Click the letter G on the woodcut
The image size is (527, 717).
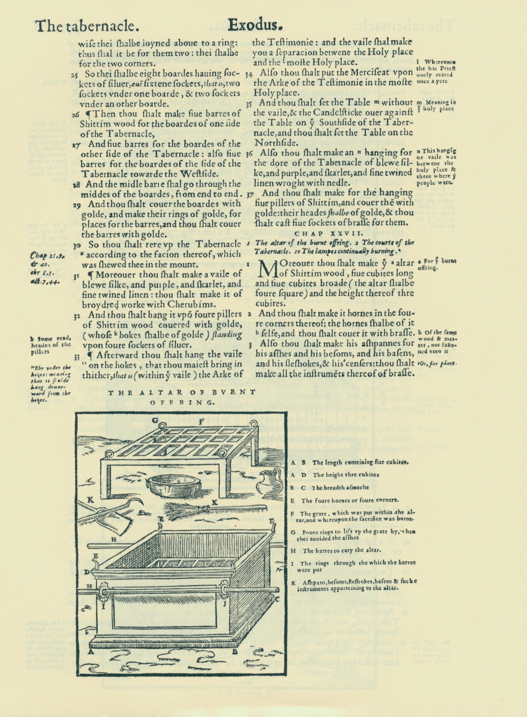point(155,420)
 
